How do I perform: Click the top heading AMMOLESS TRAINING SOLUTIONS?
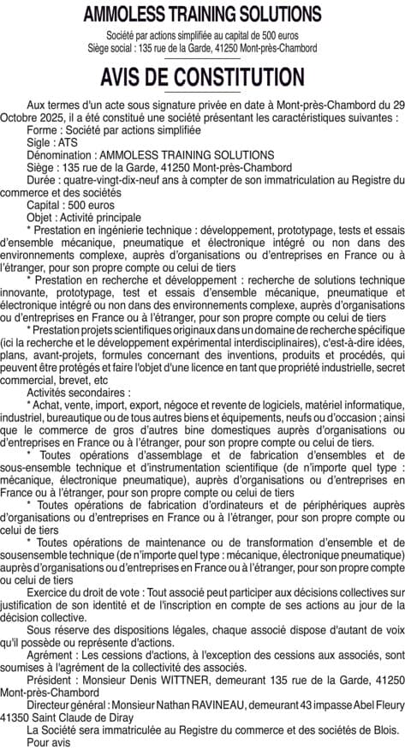(203, 15)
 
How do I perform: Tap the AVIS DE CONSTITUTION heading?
(202, 77)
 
